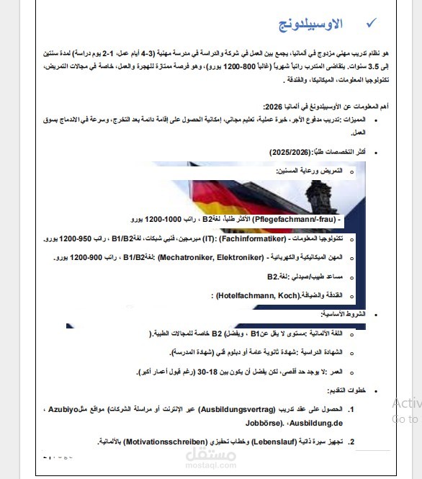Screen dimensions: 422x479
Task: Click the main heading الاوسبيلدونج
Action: point(310,25)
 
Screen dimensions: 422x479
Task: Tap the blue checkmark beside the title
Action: point(371,24)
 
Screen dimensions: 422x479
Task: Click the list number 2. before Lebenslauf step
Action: point(351,440)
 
